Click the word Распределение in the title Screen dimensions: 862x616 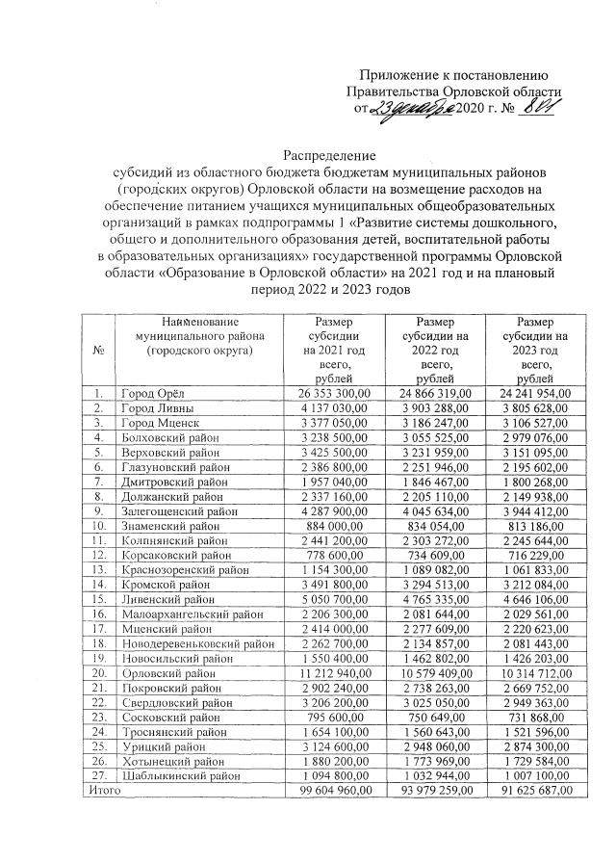pos(329,155)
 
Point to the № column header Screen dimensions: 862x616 pos(99,349)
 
